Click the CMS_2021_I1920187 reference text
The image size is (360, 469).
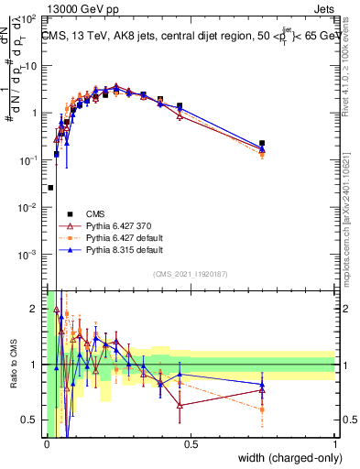click(191, 274)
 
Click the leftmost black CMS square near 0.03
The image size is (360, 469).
click(50, 187)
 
